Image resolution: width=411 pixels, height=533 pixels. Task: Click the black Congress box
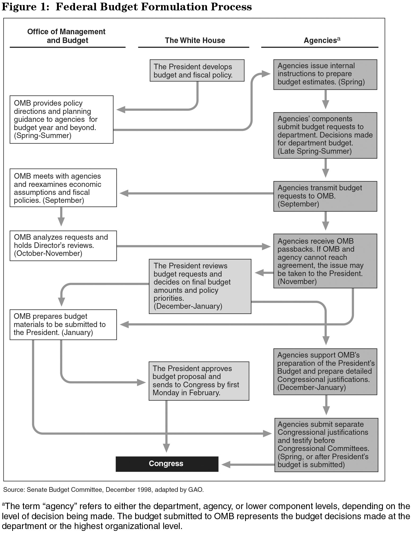point(167,464)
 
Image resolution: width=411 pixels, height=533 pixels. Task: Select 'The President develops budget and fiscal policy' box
point(197,70)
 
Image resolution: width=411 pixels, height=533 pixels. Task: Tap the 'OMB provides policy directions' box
point(61,119)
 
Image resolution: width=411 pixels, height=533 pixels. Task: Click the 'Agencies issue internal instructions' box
point(325,74)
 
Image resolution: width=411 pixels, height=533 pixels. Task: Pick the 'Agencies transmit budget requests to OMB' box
point(325,196)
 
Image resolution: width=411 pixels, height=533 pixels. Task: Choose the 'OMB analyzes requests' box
point(63,246)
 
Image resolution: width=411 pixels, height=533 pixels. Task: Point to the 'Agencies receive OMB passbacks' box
point(325,261)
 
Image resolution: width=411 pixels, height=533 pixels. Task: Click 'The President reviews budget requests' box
point(200,286)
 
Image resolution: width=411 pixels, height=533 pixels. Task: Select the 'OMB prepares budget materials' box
point(63,324)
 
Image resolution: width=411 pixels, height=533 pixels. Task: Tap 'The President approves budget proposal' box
point(199,381)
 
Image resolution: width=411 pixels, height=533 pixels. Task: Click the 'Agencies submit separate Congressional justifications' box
point(326,445)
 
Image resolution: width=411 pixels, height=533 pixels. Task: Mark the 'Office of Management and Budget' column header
point(66,36)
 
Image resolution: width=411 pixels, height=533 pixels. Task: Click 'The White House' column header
point(195,40)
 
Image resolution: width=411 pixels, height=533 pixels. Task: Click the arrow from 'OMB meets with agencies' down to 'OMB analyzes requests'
point(61,216)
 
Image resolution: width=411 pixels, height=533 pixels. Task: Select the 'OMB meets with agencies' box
point(63,188)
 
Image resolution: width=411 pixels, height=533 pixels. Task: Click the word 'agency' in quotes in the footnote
point(57,506)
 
